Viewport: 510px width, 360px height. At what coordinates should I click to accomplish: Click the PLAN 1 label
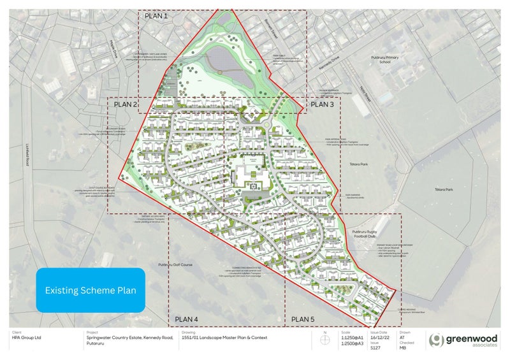pos(156,17)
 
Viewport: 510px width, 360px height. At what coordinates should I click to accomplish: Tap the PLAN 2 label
pos(126,104)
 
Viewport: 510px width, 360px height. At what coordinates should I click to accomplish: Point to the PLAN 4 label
pos(187,319)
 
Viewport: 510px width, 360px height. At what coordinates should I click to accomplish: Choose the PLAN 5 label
pos(303,319)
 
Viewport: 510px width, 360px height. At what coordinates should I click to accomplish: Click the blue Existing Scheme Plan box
pos(91,290)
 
